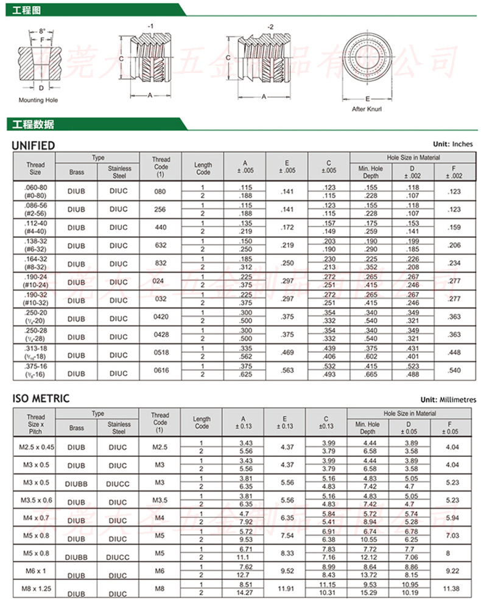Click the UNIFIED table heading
(34, 145)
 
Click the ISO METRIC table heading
(41, 399)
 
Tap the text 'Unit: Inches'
(452, 144)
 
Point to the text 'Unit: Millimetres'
(444, 400)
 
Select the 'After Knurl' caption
(367, 110)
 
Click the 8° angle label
(42, 30)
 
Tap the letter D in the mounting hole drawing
(41, 88)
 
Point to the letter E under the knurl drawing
(368, 98)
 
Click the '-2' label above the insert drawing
(270, 27)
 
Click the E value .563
(287, 371)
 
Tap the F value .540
(454, 371)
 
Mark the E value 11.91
(286, 590)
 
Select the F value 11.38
(451, 590)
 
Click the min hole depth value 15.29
(370, 593)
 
